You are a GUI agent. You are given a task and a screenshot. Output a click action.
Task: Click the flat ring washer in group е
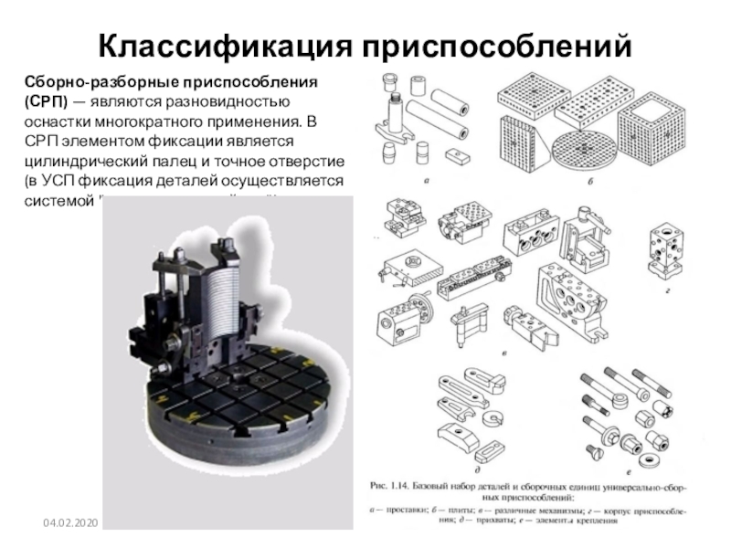click(x=654, y=456)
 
